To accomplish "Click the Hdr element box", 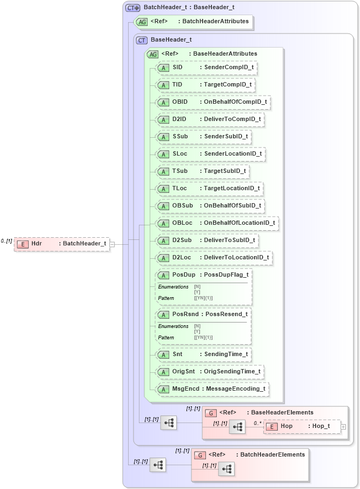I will coord(62,244).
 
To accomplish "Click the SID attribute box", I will coord(205,68).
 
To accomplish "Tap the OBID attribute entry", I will coord(211,102).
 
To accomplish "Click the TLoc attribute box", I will coord(209,189).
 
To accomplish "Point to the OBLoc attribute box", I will coord(216,223).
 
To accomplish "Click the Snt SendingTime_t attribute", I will coord(203,354).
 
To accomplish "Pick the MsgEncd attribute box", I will coord(211,388).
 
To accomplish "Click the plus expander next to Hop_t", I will coord(343,426).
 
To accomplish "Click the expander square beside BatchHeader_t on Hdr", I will coord(112,244).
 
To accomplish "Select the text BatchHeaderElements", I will coord(272,454).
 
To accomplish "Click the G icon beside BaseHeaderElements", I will coord(211,413).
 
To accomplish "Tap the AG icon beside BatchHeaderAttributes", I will coord(142,22).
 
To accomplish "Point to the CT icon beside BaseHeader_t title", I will coord(142,40).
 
